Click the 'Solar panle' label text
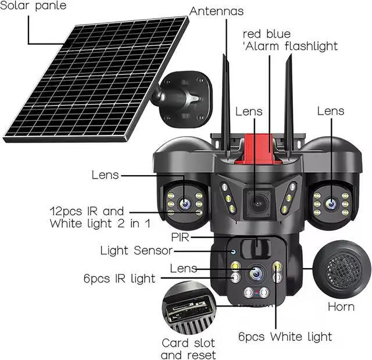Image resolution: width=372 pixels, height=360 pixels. [34, 6]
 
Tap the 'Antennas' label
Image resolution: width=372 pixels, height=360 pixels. [216, 11]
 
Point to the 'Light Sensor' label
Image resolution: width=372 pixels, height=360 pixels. [136, 251]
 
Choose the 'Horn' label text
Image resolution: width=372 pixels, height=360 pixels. [341, 306]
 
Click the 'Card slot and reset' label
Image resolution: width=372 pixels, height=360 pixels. [188, 349]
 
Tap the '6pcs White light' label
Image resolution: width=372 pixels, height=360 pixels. [285, 337]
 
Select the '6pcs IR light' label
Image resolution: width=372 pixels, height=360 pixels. [119, 279]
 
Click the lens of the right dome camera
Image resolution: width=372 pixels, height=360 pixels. [331, 204]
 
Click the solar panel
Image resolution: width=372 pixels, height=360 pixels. [96, 79]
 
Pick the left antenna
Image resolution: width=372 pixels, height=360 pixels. [226, 105]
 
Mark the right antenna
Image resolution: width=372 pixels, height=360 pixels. [288, 105]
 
